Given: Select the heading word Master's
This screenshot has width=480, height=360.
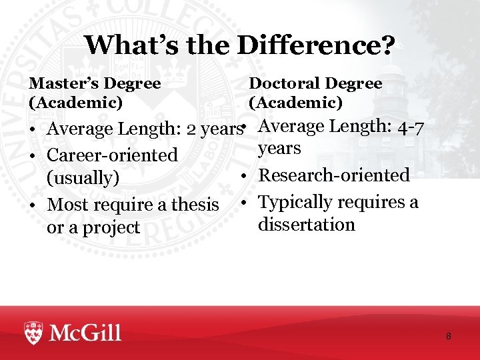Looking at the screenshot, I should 63,84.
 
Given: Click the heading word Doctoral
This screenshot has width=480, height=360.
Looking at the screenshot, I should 284,84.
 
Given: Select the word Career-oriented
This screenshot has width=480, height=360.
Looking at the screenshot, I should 113,155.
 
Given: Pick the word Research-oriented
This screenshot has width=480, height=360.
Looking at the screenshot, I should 334,175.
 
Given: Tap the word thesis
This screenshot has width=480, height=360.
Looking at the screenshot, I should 195,204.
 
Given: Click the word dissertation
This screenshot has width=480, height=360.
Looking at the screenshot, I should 307,225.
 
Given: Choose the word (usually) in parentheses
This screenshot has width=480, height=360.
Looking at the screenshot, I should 83,179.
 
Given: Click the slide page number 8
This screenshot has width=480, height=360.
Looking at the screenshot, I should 449,336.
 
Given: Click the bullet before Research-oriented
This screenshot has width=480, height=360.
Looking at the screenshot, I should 245,176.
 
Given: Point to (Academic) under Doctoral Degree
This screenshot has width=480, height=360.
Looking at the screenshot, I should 295,103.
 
